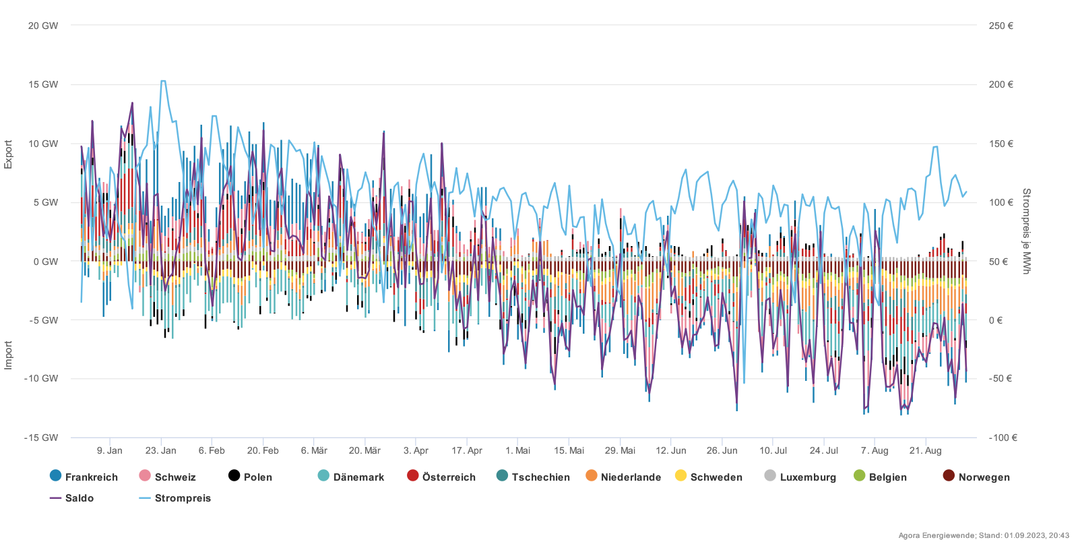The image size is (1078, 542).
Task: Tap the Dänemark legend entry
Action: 350,477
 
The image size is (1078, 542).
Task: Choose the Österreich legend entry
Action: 441,477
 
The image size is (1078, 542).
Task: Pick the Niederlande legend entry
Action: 623,477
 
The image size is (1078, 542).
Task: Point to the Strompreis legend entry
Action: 175,498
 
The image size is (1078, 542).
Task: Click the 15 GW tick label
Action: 43,84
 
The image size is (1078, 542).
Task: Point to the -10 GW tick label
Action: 41,378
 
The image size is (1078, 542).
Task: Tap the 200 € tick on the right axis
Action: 1001,84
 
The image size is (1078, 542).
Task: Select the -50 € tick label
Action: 1001,378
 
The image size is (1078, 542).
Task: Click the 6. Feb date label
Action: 212,450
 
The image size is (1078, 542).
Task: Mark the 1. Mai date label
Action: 517,450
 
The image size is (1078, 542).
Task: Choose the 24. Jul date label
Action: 824,450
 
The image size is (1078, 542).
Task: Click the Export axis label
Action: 8,154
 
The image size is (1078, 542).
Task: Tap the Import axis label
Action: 8,355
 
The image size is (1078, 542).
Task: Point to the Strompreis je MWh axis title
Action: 1026,231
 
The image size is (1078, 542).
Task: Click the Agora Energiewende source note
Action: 983,535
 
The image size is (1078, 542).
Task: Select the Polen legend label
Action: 258,477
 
